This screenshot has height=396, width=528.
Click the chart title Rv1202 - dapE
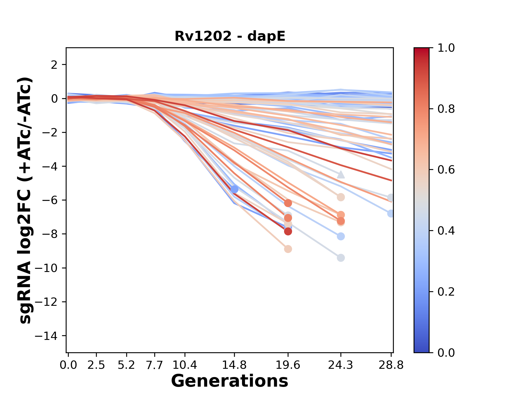pyautogui.click(x=230, y=36)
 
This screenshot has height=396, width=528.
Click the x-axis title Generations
pyautogui.click(x=230, y=381)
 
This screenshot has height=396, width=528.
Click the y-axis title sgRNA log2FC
pyautogui.click(x=25, y=200)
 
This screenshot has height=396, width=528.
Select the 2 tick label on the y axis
pyautogui.click(x=54, y=65)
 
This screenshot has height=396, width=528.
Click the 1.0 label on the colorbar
pyautogui.click(x=446, y=48)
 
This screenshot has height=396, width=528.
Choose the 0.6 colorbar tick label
pyautogui.click(x=446, y=170)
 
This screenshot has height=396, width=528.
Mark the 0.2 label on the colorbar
pyautogui.click(x=446, y=292)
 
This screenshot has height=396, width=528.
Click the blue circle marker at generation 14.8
pyautogui.click(x=234, y=189)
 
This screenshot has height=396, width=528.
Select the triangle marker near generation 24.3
pyautogui.click(x=341, y=175)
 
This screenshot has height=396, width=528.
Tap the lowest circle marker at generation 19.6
pyautogui.click(x=288, y=249)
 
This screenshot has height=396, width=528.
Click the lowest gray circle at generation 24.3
pyautogui.click(x=341, y=258)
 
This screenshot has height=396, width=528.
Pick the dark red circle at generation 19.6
pyautogui.click(x=288, y=232)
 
